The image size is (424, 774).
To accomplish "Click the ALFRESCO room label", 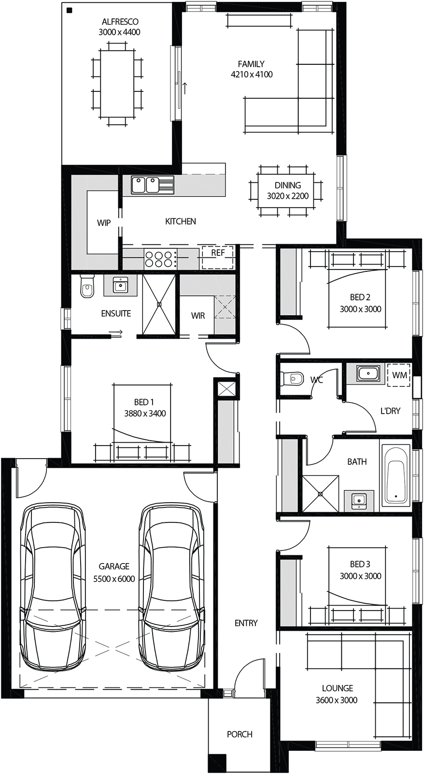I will click(x=120, y=22).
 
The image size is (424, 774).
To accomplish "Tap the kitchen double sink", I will click(x=145, y=185).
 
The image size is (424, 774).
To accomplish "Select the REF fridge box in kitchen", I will click(x=218, y=257).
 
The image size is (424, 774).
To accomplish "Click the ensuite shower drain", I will click(x=159, y=304).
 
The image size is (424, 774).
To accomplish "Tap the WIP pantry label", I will click(x=103, y=223).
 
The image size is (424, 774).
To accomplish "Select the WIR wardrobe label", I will click(x=198, y=316).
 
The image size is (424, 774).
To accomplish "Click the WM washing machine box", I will click(x=399, y=375).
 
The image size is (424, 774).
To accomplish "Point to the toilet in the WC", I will click(x=292, y=377).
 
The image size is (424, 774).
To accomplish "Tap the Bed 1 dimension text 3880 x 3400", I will click(x=144, y=414).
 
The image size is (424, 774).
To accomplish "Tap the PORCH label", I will click(x=240, y=734).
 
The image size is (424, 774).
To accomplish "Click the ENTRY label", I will click(x=246, y=623).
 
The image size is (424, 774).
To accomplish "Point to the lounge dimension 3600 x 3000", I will click(x=337, y=700).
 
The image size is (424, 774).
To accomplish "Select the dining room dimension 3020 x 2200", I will click(x=288, y=196).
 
